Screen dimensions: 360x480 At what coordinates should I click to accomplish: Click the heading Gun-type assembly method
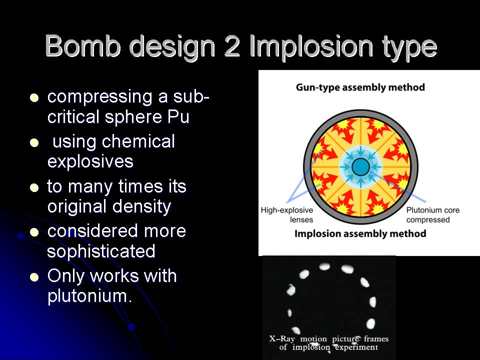(x=360, y=87)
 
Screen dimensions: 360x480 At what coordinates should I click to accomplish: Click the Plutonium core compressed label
(x=432, y=215)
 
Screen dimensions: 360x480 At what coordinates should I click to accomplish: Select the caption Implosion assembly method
(x=360, y=233)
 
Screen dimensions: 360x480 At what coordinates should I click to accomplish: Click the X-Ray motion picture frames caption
(x=329, y=343)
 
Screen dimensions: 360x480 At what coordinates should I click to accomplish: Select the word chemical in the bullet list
(x=138, y=141)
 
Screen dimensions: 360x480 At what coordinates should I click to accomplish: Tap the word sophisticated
(x=101, y=251)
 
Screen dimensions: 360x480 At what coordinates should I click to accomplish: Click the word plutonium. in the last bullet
(x=90, y=296)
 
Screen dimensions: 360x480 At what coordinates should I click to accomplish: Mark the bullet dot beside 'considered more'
(x=34, y=232)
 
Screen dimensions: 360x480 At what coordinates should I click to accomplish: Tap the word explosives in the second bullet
(x=90, y=161)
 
